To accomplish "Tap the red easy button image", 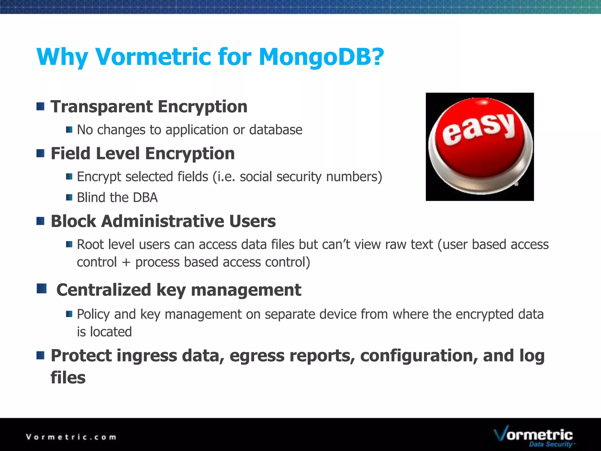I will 480,147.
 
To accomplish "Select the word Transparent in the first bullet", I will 102,106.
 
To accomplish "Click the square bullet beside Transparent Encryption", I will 40,106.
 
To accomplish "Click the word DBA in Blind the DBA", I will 145,197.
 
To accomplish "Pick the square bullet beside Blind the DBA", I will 69,197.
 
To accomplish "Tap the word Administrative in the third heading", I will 162,221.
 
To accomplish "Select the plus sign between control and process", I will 126,262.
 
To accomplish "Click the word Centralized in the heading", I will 104,290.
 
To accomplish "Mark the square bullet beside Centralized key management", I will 42,289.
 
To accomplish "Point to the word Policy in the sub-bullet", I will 93,314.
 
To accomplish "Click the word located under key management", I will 111,332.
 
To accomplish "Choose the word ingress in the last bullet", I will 147,356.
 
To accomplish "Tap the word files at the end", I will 68,378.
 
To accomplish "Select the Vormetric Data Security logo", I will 533,437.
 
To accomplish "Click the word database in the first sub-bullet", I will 276,130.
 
